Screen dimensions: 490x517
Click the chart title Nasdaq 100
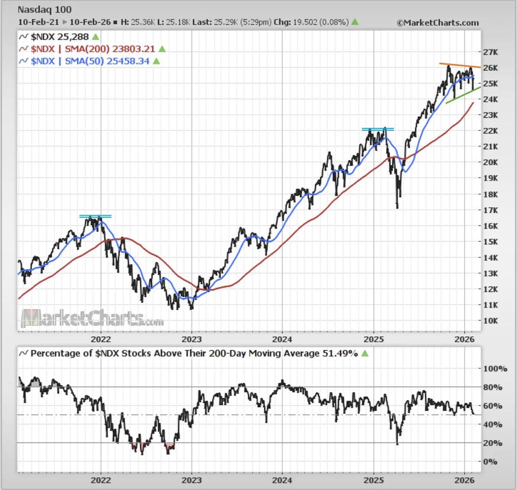44,9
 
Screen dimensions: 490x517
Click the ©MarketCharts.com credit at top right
437,22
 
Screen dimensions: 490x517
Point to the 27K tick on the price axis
490,52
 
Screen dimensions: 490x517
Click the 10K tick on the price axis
490,321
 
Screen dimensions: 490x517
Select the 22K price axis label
490,131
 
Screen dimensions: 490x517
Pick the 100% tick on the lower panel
495,368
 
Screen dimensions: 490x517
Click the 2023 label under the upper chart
192,339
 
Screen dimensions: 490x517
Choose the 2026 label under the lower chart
465,480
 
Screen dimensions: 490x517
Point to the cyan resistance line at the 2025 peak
377,129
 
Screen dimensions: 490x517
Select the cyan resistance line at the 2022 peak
95,216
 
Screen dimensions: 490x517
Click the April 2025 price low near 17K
397,207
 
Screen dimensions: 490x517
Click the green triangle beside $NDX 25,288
95,37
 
